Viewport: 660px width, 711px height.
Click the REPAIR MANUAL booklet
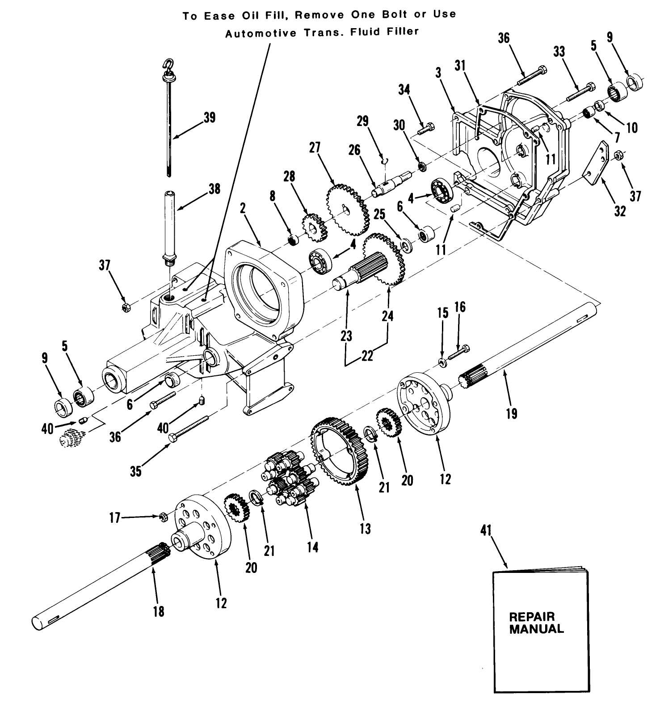pos(540,635)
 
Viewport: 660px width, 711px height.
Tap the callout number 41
pos(486,530)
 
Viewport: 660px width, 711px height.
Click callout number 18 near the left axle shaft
pos(158,611)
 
